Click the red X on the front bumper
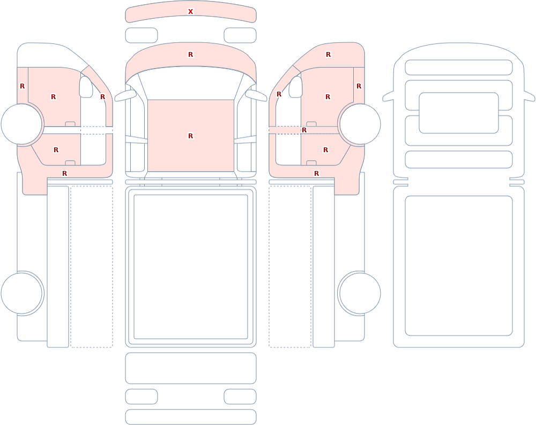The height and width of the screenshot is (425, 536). coord(190,12)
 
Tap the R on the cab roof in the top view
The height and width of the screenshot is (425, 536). coord(190,136)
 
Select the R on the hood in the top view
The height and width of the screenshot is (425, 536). coord(190,54)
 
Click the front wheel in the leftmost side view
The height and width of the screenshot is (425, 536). coord(22,124)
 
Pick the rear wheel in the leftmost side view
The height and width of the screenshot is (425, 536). coord(22,293)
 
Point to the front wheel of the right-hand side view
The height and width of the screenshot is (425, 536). coord(359,124)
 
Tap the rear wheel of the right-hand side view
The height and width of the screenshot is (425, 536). coord(359,293)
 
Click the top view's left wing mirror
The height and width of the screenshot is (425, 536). coord(125,96)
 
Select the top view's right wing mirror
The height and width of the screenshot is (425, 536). coord(256,96)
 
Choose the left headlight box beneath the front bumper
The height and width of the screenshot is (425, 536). coord(142,35)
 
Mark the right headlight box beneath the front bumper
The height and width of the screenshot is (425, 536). coord(240,35)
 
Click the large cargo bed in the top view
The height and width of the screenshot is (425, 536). coord(191,267)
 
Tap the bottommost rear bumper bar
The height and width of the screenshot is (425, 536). coord(191,417)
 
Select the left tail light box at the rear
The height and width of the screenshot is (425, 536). coord(142,397)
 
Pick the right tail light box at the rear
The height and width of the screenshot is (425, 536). coord(240,397)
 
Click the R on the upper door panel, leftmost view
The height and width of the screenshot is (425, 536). coord(53,97)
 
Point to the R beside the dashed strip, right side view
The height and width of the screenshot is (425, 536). coord(304,130)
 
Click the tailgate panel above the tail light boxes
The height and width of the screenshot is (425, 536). coord(191,368)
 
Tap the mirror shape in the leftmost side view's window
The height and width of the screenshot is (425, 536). coord(86,87)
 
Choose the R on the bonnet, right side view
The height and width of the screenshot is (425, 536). coord(328,54)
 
